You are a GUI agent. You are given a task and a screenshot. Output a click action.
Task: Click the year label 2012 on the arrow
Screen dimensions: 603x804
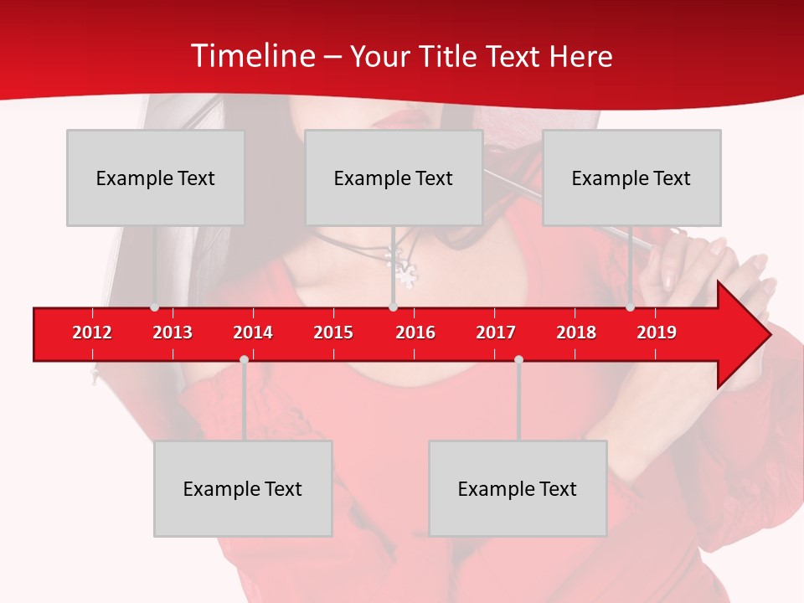[x=92, y=332]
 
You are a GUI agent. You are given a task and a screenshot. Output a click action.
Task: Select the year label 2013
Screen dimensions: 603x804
[x=173, y=332]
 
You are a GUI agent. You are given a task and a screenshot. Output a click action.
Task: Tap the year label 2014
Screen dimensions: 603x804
[x=253, y=332]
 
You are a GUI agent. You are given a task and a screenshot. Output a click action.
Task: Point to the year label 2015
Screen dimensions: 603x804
[x=333, y=332]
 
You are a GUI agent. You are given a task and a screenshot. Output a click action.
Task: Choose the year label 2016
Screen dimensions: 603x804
[x=415, y=332]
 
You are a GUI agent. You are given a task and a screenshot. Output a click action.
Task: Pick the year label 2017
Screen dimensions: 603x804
[x=496, y=332]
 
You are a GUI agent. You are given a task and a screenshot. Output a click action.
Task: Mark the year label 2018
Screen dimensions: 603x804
[x=576, y=332]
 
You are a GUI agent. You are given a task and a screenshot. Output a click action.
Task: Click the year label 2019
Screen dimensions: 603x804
[x=657, y=332]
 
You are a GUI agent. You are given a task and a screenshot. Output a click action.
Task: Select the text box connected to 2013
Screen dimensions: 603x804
[x=156, y=178]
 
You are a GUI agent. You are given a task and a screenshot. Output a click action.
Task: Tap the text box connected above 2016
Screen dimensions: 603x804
[x=394, y=178]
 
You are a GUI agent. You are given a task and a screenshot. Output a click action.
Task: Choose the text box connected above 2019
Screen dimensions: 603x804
[x=631, y=178]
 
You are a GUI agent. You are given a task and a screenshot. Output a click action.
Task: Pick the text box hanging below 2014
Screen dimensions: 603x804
[x=243, y=488]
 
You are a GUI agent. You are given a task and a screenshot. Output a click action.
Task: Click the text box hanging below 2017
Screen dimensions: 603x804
[x=518, y=488]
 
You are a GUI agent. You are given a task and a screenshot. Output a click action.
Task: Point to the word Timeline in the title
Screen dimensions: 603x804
[x=252, y=56]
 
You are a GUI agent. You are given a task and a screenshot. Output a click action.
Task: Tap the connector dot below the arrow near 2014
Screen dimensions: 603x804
[x=244, y=359]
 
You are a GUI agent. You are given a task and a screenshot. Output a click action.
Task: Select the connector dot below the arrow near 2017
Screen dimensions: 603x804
[x=518, y=359]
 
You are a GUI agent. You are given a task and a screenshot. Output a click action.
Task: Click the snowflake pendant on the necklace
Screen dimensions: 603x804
[x=407, y=274]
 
